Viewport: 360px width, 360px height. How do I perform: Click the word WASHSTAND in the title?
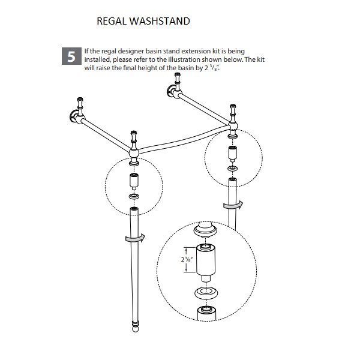(x=160, y=22)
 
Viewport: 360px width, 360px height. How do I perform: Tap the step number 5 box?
(x=71, y=58)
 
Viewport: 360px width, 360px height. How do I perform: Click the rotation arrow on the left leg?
(x=134, y=238)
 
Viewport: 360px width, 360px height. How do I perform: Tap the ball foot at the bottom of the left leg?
(x=134, y=328)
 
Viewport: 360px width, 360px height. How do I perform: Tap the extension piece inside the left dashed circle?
(x=134, y=181)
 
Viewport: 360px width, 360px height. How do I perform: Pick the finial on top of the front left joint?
(x=133, y=136)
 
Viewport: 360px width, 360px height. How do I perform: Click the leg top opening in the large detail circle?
(x=205, y=311)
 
